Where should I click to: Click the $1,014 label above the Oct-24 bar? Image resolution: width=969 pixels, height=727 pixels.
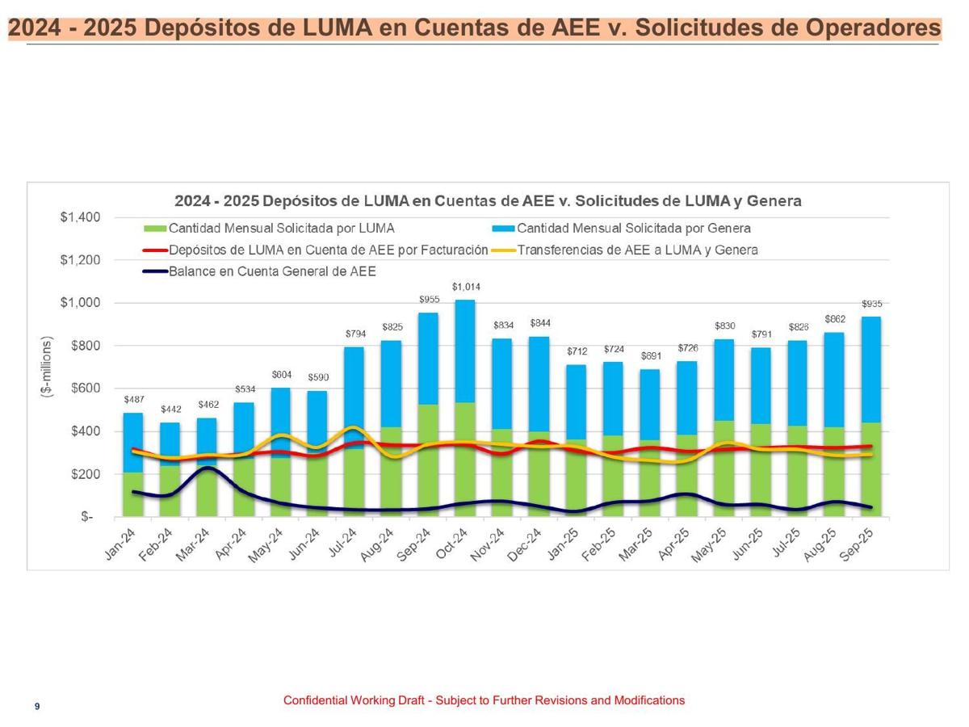click(464, 287)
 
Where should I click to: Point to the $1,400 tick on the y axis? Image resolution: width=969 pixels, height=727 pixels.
click(80, 217)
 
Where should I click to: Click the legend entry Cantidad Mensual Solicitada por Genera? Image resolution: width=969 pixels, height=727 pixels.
click(633, 228)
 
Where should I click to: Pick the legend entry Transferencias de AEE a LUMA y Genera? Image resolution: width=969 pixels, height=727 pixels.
click(637, 250)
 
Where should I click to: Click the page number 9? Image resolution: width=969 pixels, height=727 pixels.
click(37, 707)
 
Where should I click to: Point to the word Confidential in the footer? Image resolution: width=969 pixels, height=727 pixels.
click(315, 700)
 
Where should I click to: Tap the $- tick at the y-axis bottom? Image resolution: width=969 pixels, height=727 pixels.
click(86, 517)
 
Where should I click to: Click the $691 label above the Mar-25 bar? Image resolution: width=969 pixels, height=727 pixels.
click(651, 355)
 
